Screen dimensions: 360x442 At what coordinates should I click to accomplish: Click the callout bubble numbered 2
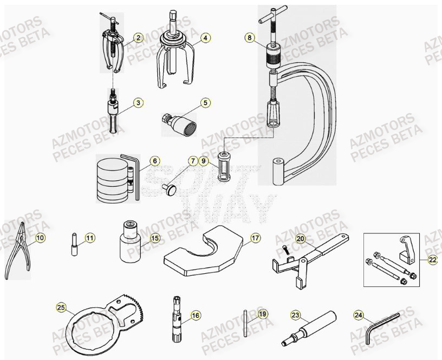(x=138, y=37)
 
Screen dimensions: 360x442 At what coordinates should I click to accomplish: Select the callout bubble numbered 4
(x=205, y=38)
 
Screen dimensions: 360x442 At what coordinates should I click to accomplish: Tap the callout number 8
(x=249, y=37)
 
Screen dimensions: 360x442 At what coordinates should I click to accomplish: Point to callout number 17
(x=255, y=238)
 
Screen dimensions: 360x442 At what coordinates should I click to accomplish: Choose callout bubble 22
(x=432, y=260)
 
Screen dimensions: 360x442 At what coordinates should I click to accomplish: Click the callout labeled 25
(x=61, y=309)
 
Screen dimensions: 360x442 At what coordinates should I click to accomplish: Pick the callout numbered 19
(x=262, y=314)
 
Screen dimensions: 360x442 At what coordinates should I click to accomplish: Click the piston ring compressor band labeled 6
(x=114, y=179)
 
